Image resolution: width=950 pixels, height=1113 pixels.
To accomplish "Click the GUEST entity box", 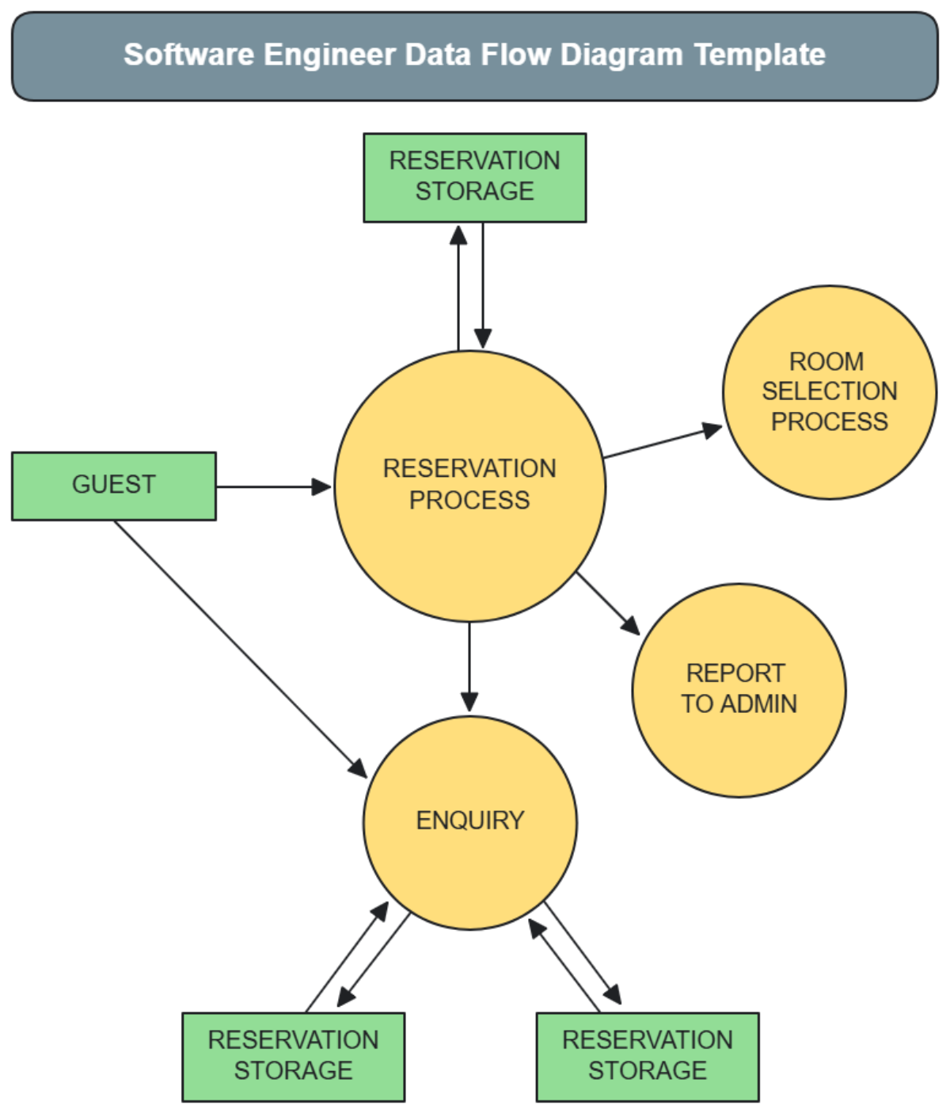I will pyautogui.click(x=113, y=486).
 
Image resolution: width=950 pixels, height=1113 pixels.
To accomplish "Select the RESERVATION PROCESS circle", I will pyautogui.click(x=469, y=486).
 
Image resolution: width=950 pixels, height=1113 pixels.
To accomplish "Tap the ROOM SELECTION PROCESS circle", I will pyautogui.click(x=829, y=392).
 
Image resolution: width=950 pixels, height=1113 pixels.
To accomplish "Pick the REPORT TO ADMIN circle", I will pyautogui.click(x=739, y=690).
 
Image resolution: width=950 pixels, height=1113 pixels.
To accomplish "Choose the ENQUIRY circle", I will pyautogui.click(x=469, y=822).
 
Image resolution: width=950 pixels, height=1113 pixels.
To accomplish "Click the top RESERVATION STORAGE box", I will pyautogui.click(x=474, y=177).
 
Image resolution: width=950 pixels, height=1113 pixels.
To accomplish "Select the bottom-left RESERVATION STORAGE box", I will pyautogui.click(x=293, y=1056).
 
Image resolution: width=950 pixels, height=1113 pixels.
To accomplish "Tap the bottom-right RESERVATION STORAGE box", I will pyautogui.click(x=647, y=1056).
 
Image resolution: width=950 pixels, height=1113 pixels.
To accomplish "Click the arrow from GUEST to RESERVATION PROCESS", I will pyautogui.click(x=273, y=486).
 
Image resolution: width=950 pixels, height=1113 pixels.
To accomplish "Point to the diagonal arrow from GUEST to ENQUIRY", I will pyautogui.click(x=237, y=646).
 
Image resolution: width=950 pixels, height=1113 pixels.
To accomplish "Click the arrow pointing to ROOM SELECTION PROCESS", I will pyautogui.click(x=662, y=443).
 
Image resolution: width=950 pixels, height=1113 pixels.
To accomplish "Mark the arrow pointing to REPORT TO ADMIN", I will pyautogui.click(x=608, y=604).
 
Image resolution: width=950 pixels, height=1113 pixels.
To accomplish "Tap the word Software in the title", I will pyautogui.click(x=188, y=55).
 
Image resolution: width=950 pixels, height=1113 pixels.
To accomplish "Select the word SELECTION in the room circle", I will pyautogui.click(x=829, y=391).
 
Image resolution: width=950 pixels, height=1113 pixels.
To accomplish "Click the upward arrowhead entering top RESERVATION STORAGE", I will pyautogui.click(x=458, y=235).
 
